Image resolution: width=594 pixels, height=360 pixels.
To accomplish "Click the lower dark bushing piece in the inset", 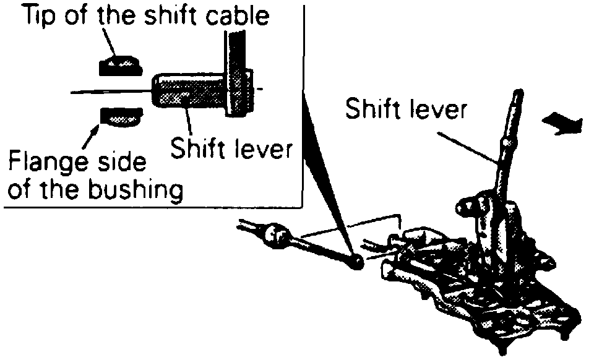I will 121,115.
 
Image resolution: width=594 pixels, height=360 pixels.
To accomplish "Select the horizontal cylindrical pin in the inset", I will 189,92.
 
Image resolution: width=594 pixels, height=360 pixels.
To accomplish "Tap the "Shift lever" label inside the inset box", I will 230,149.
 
